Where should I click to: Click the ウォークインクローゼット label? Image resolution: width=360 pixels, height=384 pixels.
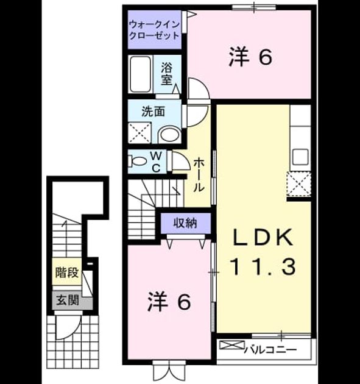click(x=154, y=30)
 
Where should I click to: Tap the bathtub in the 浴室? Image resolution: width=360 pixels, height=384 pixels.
click(x=140, y=74)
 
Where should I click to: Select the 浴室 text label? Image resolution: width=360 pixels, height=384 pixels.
click(x=167, y=74)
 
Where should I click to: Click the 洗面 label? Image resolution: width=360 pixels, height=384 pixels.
click(x=154, y=112)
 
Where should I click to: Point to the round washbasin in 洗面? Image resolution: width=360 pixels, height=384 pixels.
click(x=169, y=135)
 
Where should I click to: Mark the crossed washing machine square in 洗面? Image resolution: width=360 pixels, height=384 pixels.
click(x=139, y=133)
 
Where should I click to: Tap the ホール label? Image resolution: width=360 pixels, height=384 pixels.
click(x=199, y=174)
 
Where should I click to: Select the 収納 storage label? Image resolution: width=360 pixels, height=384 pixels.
click(x=185, y=223)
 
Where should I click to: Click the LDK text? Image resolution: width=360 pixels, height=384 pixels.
click(x=263, y=237)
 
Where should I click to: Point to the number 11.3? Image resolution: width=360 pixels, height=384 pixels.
click(x=263, y=267)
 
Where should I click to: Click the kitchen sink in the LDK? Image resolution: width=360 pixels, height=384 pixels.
click(x=301, y=157)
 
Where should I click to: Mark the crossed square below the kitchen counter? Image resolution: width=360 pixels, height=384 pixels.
click(x=299, y=183)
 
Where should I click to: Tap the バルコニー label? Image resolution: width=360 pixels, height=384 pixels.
click(x=270, y=350)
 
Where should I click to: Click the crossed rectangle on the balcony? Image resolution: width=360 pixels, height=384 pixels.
click(x=231, y=345)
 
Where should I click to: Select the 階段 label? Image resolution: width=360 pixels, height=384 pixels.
click(x=67, y=272)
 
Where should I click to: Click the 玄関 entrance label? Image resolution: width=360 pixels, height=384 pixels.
click(x=68, y=300)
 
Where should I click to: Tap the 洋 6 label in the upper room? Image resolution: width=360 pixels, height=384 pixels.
click(x=250, y=57)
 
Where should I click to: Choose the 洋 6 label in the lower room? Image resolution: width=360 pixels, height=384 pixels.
click(x=169, y=302)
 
